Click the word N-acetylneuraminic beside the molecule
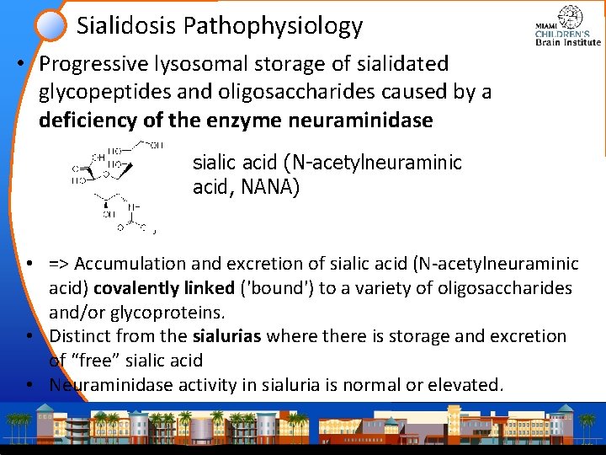pos(368,162)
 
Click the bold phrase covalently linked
pos(163,288)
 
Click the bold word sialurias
pos(223,336)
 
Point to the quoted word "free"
pos(93,361)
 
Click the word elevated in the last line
pos(470,385)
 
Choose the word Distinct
pos(80,336)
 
